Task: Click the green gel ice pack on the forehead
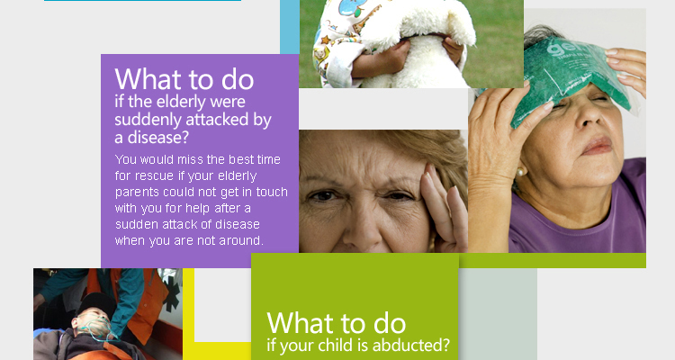568,80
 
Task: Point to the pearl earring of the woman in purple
520,173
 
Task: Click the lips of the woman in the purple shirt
597,146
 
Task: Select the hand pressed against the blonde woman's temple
445,207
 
